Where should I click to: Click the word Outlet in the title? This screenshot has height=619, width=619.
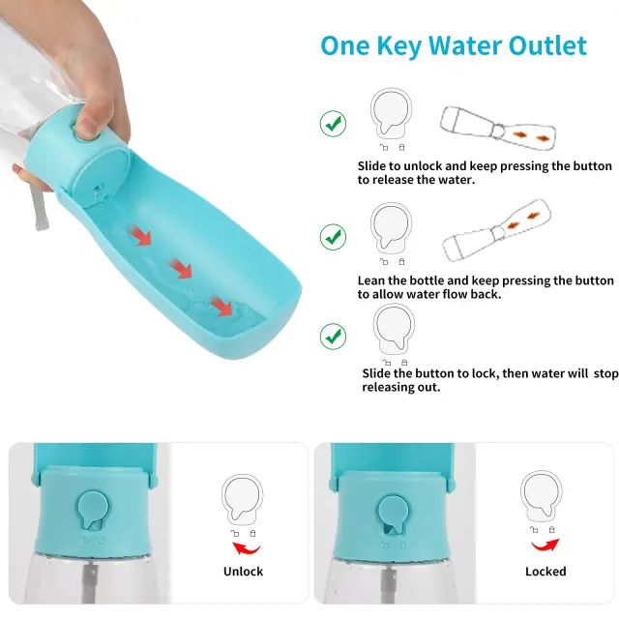pos(547,45)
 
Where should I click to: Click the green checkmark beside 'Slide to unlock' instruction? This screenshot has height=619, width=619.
pos(333,124)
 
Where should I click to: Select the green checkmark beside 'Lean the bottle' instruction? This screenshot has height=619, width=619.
pos(333,237)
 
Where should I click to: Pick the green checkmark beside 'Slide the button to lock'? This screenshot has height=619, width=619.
pos(333,337)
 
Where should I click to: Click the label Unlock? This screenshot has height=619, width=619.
pos(243,572)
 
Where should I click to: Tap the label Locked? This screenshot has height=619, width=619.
pos(545,572)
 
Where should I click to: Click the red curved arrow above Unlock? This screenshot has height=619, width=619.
pos(246,548)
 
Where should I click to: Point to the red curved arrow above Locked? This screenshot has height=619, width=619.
pos(545,545)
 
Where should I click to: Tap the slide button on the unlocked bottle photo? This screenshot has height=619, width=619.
pos(93,510)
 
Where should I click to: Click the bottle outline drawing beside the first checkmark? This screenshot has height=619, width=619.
pos(498,128)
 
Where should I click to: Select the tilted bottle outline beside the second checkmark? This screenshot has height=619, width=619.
pos(497,230)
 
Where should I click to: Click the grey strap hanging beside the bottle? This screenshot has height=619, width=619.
pos(39,209)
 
